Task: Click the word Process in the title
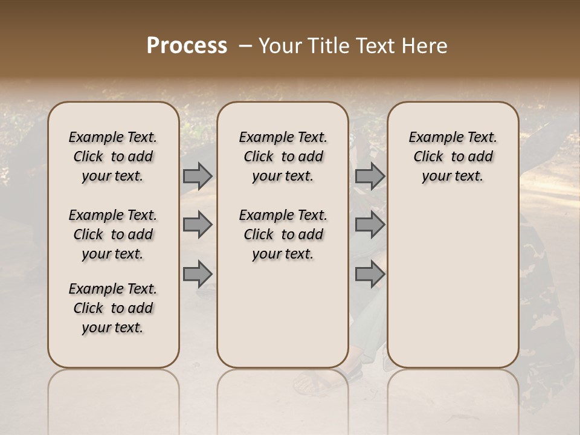point(187,46)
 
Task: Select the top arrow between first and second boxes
point(198,176)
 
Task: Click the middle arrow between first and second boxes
point(198,225)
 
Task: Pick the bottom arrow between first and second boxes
point(198,274)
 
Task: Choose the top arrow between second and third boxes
point(370,176)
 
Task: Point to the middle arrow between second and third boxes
point(370,225)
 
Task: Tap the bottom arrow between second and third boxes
point(370,274)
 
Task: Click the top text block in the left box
point(113,156)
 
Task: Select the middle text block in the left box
point(113,234)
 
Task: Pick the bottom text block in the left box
point(113,308)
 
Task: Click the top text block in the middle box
point(283,156)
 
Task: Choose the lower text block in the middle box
point(283,234)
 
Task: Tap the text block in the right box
point(453,156)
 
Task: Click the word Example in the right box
point(431,138)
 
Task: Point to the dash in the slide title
point(245,46)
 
